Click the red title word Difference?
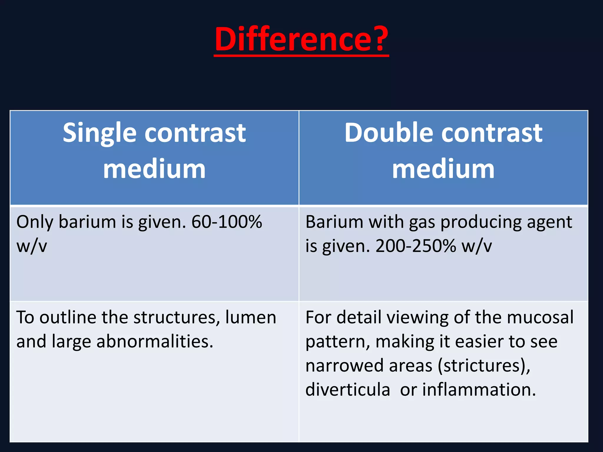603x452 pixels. point(301,39)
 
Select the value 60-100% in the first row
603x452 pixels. point(226,222)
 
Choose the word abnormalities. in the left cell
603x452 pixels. point(155,342)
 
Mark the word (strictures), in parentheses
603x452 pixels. point(484,366)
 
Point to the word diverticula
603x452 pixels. point(348,390)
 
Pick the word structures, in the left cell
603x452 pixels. point(177,318)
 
